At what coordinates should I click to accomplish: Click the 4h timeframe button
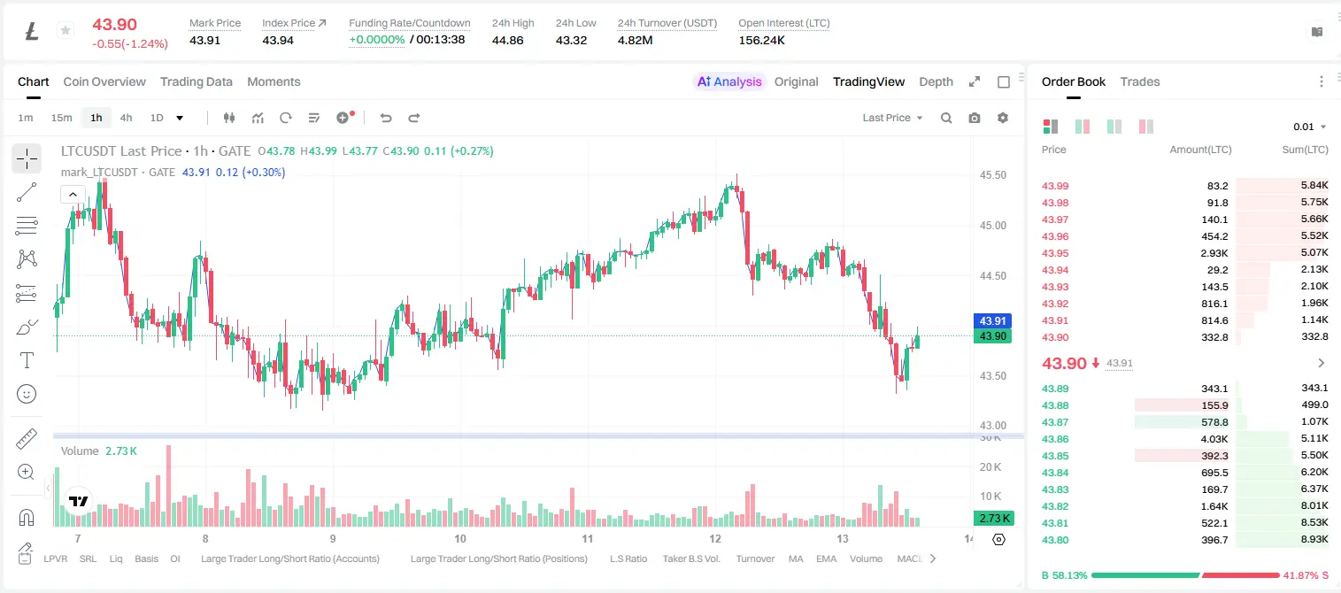click(x=126, y=118)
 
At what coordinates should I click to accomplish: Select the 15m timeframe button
click(x=61, y=118)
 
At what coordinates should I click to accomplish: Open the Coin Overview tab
click(x=104, y=81)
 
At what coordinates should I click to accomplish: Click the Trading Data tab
click(x=196, y=81)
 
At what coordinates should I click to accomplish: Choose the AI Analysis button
click(x=729, y=81)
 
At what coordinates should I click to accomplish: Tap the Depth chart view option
click(x=936, y=81)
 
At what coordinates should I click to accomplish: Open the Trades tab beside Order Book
click(x=1140, y=81)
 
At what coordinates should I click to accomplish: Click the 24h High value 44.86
click(x=508, y=40)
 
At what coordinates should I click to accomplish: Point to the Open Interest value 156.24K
click(x=761, y=40)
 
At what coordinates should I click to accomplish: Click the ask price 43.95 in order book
click(x=1055, y=253)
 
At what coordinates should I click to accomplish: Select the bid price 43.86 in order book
click(x=1055, y=439)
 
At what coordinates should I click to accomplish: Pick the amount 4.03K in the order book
click(x=1214, y=439)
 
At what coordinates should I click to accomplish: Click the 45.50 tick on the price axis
click(x=992, y=174)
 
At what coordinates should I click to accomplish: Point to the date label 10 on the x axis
click(x=459, y=538)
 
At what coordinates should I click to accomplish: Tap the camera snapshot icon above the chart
click(x=975, y=118)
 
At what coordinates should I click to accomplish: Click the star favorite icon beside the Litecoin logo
click(x=66, y=30)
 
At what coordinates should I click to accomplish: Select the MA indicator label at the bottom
click(x=796, y=558)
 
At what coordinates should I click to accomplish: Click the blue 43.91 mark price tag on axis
click(x=992, y=320)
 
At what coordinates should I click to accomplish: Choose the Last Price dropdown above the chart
click(x=892, y=118)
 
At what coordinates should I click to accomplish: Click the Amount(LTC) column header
click(x=1200, y=150)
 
